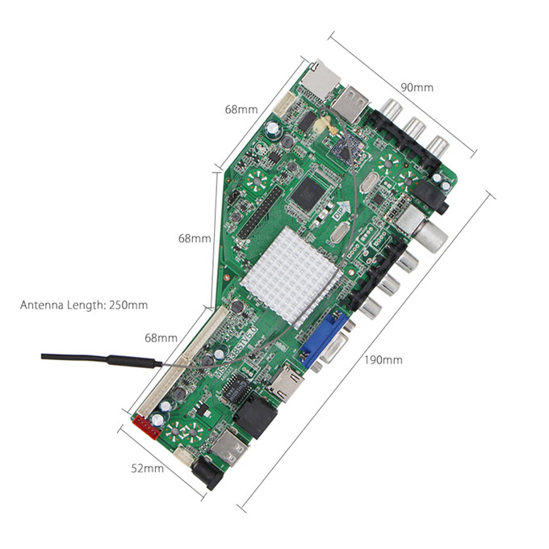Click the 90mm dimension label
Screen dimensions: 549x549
click(x=417, y=87)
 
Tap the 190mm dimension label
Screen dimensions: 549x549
click(x=383, y=360)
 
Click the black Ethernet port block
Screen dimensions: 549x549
click(x=256, y=417)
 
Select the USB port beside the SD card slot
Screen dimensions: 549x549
click(x=352, y=103)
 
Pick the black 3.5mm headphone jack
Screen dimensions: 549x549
click(x=432, y=196)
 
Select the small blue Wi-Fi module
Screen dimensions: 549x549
click(x=346, y=148)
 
